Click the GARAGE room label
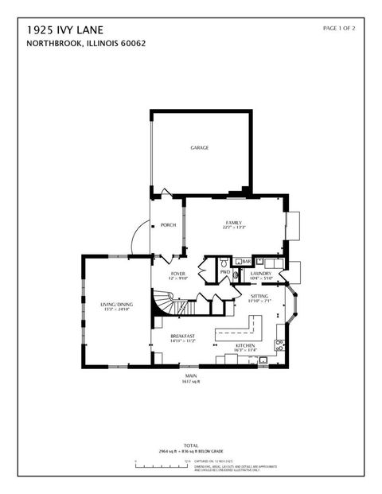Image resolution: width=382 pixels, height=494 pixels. pyautogui.click(x=199, y=148)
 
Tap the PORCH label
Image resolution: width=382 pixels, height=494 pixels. pyautogui.click(x=168, y=225)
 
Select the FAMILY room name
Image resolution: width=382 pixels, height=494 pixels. pyautogui.click(x=233, y=223)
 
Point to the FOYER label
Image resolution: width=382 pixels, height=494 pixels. pyautogui.click(x=178, y=274)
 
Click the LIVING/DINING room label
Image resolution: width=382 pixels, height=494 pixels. pyautogui.click(x=116, y=305)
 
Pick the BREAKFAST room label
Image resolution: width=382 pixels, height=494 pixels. pyautogui.click(x=183, y=336)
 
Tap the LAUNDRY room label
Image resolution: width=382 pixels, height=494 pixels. pyautogui.click(x=261, y=274)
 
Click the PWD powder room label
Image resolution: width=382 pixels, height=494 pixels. pyautogui.click(x=225, y=272)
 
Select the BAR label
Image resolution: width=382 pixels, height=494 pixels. pyautogui.click(x=246, y=262)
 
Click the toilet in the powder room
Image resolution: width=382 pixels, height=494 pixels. pyautogui.click(x=224, y=262)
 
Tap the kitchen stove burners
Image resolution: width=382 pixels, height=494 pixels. pyautogui.click(x=279, y=345)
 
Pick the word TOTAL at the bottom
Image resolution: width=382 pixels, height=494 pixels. pyautogui.click(x=191, y=445)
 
